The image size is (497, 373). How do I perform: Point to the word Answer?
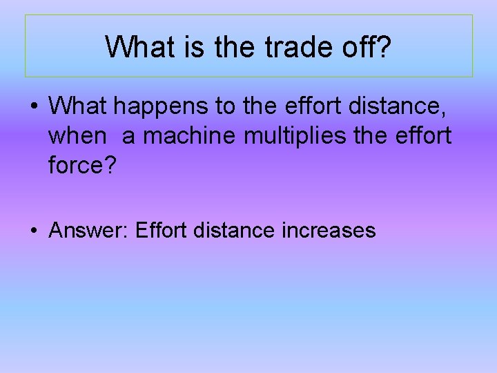coord(89,230)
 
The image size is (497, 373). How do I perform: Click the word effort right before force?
coord(422,136)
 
